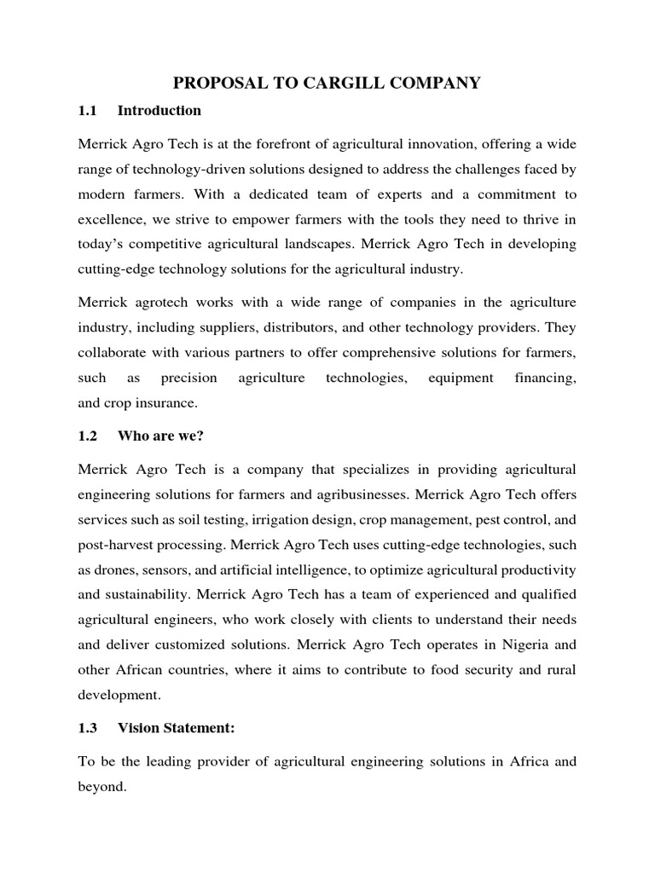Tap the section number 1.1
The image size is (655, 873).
pyautogui.click(x=88, y=110)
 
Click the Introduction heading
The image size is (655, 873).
pyautogui.click(x=159, y=110)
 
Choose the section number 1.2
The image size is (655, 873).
pyautogui.click(x=88, y=436)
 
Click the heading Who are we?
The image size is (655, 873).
pyautogui.click(x=161, y=436)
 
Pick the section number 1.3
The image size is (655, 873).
pyautogui.click(x=88, y=728)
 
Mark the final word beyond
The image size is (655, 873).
pyautogui.click(x=101, y=787)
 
